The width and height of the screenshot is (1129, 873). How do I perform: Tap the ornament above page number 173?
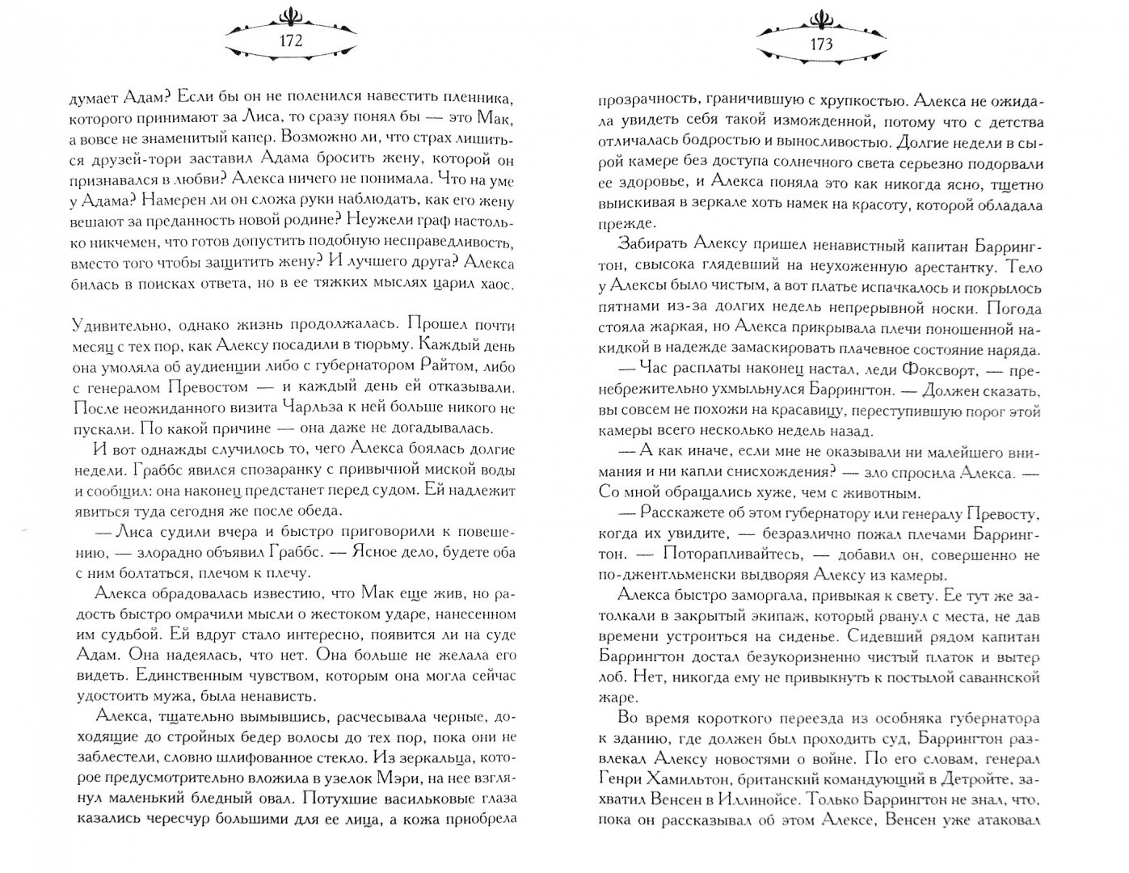[x=818, y=16]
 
